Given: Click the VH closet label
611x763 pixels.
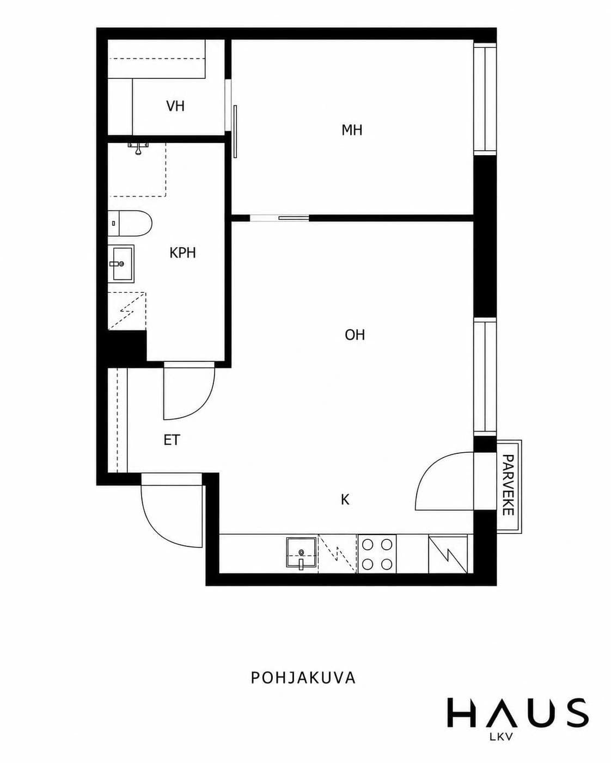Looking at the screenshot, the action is [x=175, y=106].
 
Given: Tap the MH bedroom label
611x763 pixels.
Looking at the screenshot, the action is [x=352, y=130].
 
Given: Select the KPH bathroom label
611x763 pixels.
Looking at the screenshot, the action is [x=183, y=253].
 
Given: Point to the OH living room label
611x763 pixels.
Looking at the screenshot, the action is [x=355, y=335].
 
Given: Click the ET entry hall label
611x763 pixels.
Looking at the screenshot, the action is [x=172, y=440].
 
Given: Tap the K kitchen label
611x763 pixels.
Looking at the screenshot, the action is [x=345, y=500].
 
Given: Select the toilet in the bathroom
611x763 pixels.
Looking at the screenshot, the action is [x=130, y=223].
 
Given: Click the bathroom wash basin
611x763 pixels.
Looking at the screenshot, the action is [x=121, y=264].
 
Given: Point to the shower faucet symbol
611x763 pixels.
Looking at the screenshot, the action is [x=138, y=147].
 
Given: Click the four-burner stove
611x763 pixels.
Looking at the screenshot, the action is [x=377, y=553].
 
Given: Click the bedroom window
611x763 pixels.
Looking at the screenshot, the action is [x=485, y=98].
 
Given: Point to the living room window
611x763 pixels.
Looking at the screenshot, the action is [x=485, y=377].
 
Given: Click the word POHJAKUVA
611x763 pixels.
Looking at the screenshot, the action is [x=303, y=677].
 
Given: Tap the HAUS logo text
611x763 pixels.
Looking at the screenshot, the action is [x=518, y=712].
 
